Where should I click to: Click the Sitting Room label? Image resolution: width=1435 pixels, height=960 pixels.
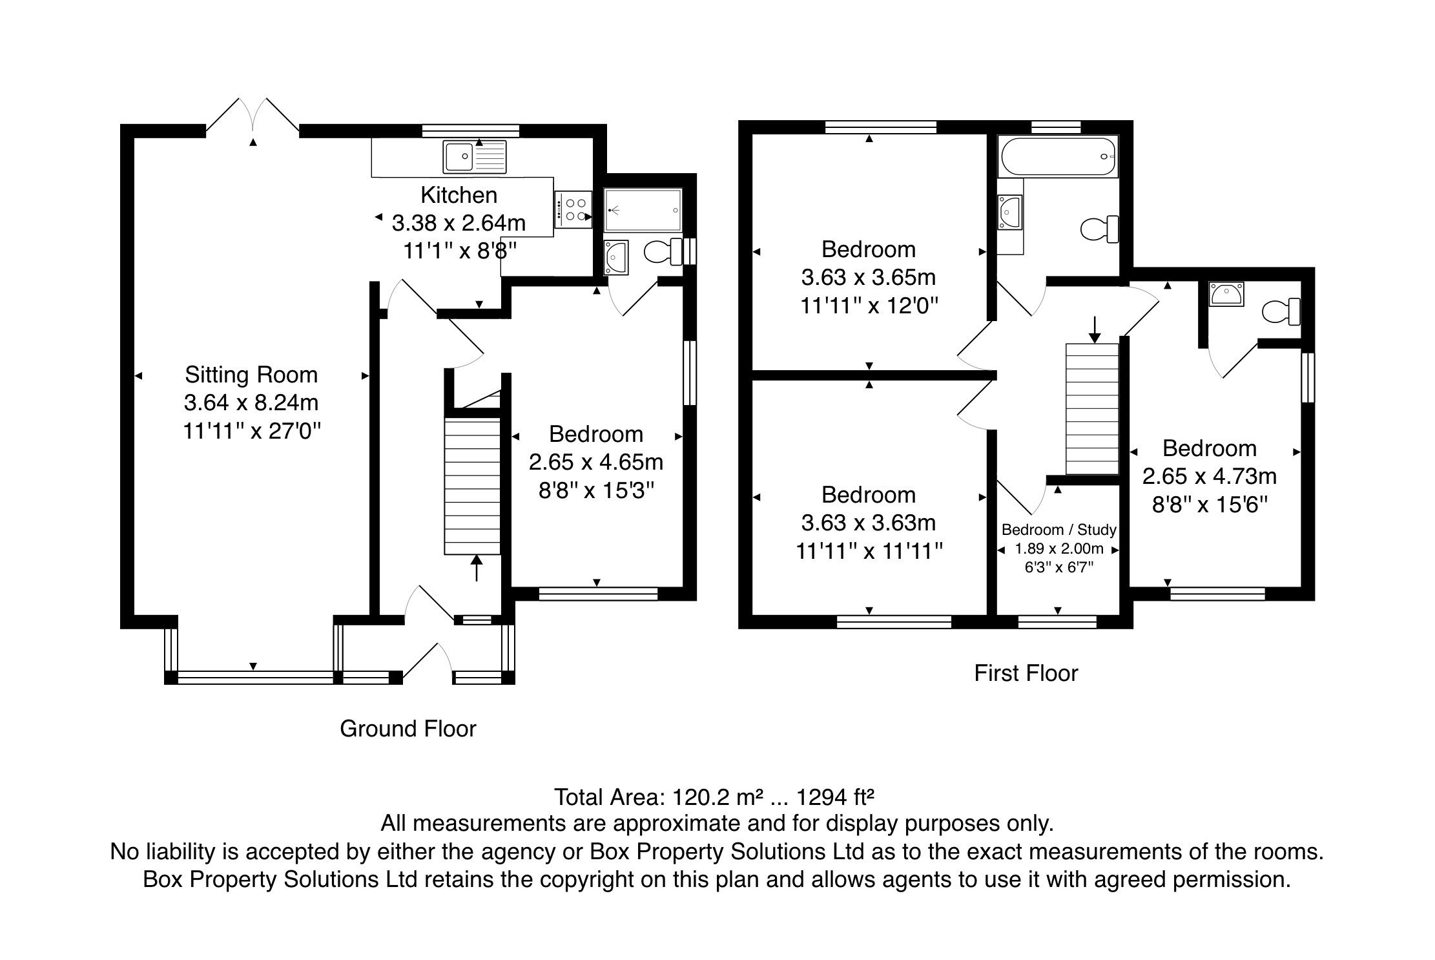251,375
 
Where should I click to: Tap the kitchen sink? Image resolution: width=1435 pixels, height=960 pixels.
475,156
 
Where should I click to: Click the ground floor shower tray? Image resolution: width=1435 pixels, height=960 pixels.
643,210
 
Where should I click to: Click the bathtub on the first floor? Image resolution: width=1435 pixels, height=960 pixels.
1057,156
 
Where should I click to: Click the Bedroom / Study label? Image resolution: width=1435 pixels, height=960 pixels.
1058,530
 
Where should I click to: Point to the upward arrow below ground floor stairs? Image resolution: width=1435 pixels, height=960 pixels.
477,567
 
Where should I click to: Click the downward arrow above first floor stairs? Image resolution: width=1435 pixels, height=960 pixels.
1094,329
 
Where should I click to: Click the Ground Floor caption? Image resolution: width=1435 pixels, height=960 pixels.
408,729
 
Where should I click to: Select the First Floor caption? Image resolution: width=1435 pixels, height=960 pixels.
1026,673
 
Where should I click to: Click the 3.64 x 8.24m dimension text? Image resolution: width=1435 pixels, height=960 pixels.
251,402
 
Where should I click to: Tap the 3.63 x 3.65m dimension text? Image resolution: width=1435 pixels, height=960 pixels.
868,277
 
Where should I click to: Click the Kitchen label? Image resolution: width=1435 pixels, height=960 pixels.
459,194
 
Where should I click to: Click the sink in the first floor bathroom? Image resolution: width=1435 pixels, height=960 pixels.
1009,211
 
